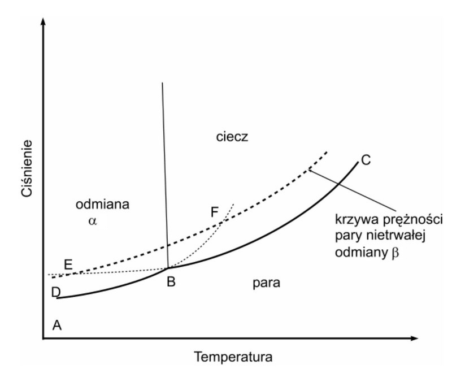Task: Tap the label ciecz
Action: tap(232, 137)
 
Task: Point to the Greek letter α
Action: tap(93, 221)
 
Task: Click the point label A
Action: tap(56, 325)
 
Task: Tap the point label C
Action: tap(366, 160)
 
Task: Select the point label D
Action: tap(55, 293)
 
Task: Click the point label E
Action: tap(68, 264)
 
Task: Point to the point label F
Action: tap(214, 212)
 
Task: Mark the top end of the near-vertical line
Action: tap(162, 83)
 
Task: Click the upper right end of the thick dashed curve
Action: tap(328, 152)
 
